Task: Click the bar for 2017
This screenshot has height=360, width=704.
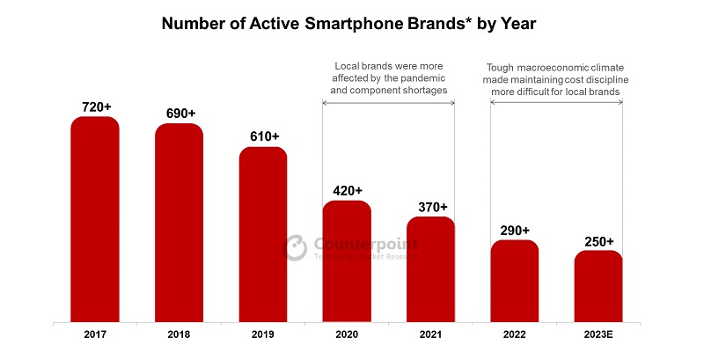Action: pyautogui.click(x=95, y=219)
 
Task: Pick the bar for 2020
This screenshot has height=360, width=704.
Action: pyautogui.click(x=347, y=261)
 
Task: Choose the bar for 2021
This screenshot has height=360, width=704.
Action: pyautogui.click(x=430, y=269)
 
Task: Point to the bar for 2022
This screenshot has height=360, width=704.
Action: pyautogui.click(x=515, y=281)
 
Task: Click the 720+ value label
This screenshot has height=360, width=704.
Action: pyautogui.click(x=95, y=107)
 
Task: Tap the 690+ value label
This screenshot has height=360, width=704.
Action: pyautogui.click(x=180, y=114)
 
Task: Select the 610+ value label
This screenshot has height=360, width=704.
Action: pyautogui.click(x=263, y=136)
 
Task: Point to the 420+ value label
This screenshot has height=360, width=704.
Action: pyautogui.click(x=347, y=190)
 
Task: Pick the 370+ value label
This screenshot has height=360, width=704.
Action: pyautogui.click(x=430, y=206)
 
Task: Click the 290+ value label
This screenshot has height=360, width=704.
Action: pyautogui.click(x=515, y=229)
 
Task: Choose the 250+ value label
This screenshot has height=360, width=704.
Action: pyautogui.click(x=598, y=240)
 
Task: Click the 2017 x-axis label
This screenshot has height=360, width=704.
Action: pyautogui.click(x=95, y=334)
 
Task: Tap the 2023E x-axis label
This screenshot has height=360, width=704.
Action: pyautogui.click(x=598, y=334)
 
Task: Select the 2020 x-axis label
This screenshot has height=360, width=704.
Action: pyautogui.click(x=347, y=334)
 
